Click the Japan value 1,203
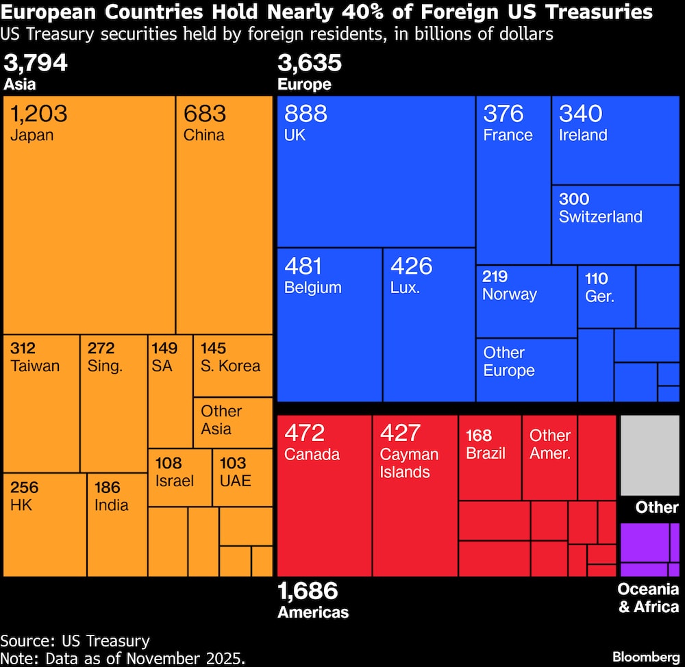tap(39, 114)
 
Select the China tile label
tap(203, 135)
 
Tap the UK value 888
tap(306, 114)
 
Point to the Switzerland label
tap(600, 217)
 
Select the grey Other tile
tap(649, 455)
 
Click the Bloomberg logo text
tap(646, 657)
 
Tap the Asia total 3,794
tap(36, 64)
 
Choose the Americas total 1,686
tap(308, 590)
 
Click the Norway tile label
tap(509, 294)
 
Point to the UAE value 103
tap(233, 463)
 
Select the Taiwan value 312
tap(23, 349)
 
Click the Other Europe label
tap(508, 362)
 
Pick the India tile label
tap(111, 505)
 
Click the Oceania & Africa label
tap(648, 598)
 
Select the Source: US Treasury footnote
tap(75, 641)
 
